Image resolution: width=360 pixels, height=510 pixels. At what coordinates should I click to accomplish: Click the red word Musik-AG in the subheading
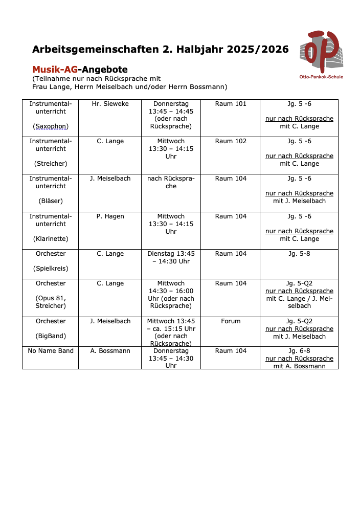[55, 69]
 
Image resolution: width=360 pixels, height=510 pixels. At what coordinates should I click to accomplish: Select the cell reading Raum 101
[231, 104]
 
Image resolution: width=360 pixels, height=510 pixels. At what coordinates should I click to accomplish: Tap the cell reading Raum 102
[231, 141]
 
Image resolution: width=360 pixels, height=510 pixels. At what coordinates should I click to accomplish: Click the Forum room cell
[231, 321]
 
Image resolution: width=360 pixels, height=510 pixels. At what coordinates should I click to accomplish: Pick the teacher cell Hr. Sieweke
[110, 104]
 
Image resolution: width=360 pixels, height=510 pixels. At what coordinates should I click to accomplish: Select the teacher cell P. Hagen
[110, 216]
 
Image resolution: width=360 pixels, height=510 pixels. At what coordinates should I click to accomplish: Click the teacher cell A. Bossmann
[110, 351]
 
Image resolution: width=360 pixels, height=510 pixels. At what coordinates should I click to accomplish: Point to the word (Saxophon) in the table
[51, 126]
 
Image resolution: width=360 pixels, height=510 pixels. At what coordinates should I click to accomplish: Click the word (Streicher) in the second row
[51, 164]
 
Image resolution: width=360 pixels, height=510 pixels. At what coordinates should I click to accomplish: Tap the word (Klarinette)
[51, 239]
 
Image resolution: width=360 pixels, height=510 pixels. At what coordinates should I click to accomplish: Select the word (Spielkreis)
[51, 269]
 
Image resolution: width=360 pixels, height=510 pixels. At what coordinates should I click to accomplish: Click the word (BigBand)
[51, 337]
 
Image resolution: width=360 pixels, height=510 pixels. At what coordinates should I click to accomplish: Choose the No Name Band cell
[51, 351]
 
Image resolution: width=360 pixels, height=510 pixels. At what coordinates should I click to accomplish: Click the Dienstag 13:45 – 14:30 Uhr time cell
[171, 257]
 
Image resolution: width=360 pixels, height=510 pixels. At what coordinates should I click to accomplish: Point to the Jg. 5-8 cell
[299, 254]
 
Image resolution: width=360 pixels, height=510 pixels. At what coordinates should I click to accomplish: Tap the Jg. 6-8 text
[299, 351]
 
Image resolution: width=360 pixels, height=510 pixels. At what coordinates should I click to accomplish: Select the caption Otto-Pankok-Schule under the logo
[321, 77]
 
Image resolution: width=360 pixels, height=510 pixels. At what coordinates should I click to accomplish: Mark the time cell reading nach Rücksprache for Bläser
[171, 182]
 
